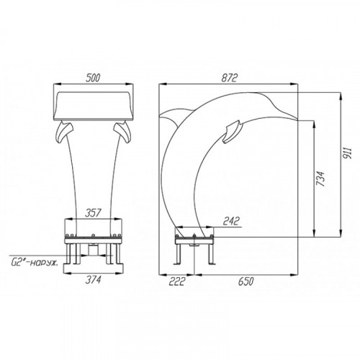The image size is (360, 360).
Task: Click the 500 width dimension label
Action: [x=93, y=78]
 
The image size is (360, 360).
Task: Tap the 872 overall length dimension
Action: [x=229, y=78]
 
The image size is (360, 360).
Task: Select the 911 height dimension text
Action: [x=348, y=153]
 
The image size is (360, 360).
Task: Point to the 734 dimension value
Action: [x=320, y=179]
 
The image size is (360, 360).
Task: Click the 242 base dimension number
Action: [x=231, y=221]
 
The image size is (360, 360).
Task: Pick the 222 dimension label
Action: [x=177, y=282]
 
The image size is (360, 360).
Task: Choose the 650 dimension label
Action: [x=246, y=282]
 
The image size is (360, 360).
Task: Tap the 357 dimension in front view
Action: [x=94, y=213]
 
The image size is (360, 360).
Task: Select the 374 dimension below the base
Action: [x=94, y=279]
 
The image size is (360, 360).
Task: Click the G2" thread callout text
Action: [x=35, y=263]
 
